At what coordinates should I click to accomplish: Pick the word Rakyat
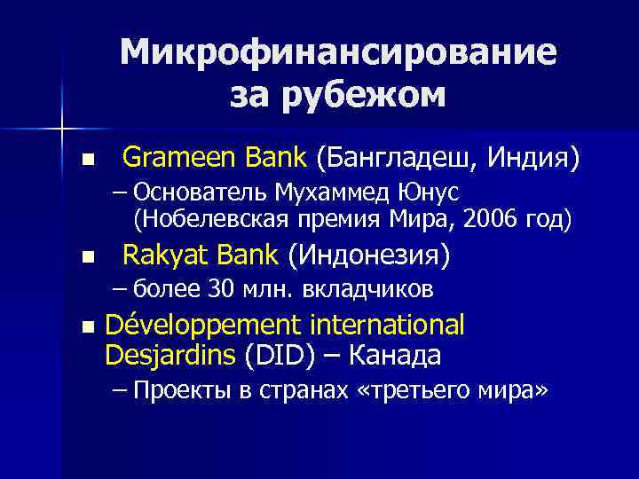coord(160,255)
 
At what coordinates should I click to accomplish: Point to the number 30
coord(219,288)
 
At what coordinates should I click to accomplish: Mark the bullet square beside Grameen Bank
coord(86,161)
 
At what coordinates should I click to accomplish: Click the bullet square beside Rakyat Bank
coord(86,258)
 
